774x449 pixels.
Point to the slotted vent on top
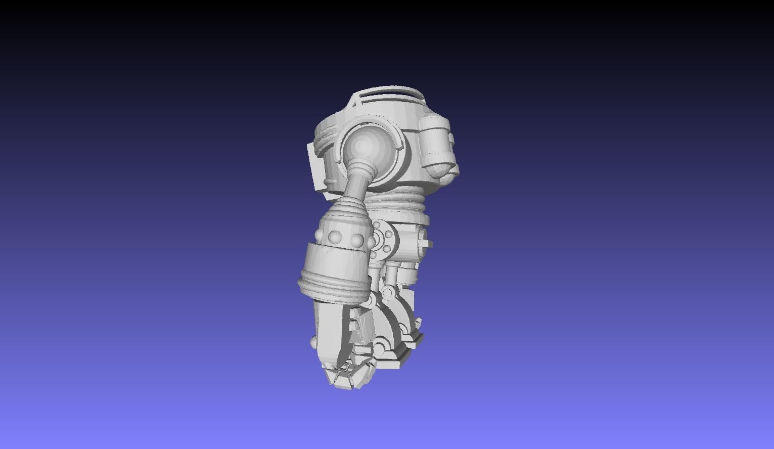[x=389, y=96]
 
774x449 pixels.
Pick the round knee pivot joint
[x=388, y=292]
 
